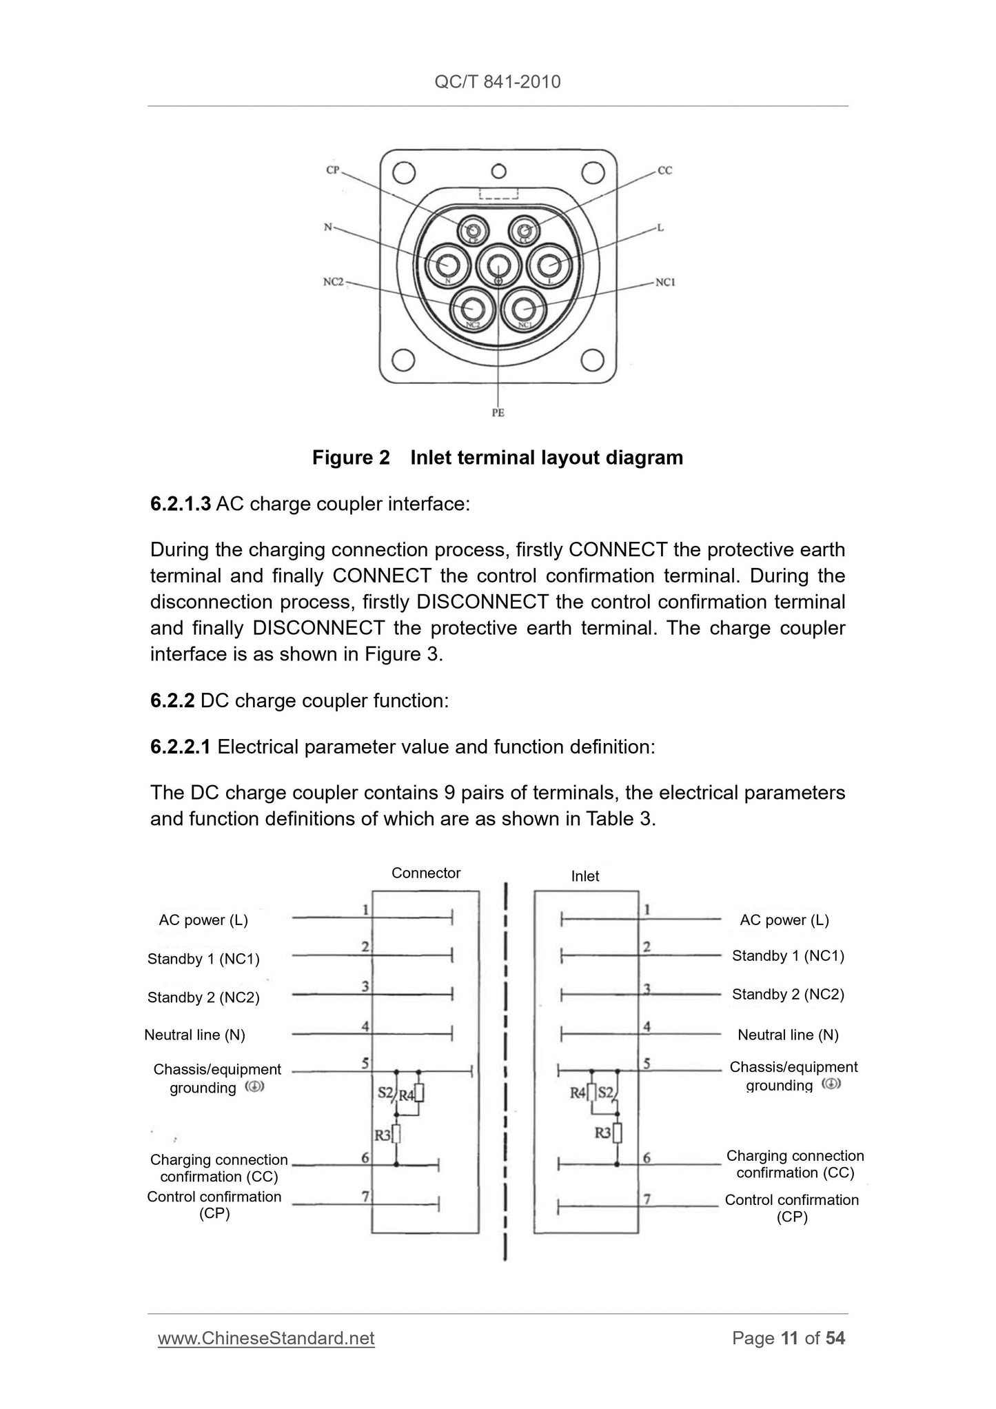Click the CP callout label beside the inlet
(x=333, y=170)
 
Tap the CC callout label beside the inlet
(x=664, y=170)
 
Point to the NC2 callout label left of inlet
(x=334, y=282)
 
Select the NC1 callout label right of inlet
(x=665, y=282)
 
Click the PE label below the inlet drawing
(x=498, y=413)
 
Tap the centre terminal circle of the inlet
(x=498, y=265)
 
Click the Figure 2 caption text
(x=498, y=458)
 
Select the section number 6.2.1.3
(x=180, y=504)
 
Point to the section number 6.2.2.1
(x=180, y=747)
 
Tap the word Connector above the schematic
(x=426, y=873)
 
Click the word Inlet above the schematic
(x=585, y=876)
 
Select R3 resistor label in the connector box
(x=382, y=1134)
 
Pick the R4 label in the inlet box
(x=578, y=1093)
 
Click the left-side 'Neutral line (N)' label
(x=194, y=1035)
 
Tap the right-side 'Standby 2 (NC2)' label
(x=788, y=994)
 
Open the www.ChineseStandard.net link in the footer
(x=266, y=1338)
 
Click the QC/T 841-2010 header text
(x=498, y=82)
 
